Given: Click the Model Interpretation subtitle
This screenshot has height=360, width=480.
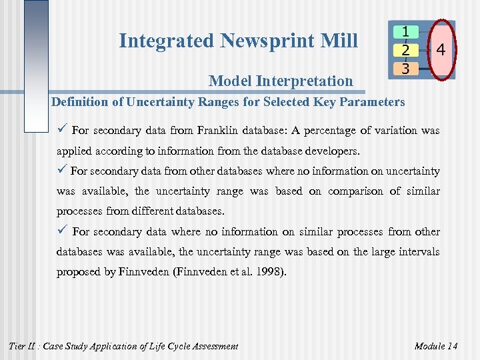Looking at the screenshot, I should (x=281, y=81).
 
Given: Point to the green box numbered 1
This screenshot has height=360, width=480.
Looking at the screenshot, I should (x=405, y=31).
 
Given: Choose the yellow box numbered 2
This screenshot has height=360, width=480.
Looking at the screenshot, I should (x=405, y=50).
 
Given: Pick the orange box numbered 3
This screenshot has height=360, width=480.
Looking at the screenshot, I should (x=405, y=68).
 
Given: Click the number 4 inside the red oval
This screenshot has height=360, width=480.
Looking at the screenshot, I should (x=441, y=50).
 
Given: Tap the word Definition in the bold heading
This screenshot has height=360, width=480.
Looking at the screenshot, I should (x=78, y=102).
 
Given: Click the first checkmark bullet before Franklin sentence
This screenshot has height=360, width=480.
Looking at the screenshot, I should (x=63, y=130).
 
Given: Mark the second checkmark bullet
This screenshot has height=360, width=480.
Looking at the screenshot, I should (x=62, y=171).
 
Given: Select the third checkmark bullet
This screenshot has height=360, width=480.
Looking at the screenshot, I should (x=63, y=231).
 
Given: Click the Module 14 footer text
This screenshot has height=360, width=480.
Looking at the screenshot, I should (x=436, y=345).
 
